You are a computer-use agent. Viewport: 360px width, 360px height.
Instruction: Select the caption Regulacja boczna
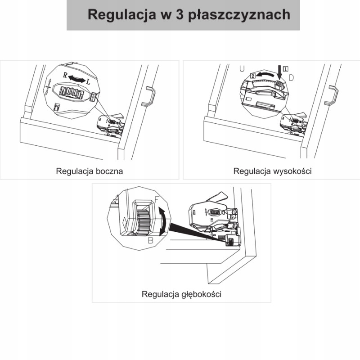coord(90,171)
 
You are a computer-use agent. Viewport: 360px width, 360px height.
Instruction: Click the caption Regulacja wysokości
coord(273,171)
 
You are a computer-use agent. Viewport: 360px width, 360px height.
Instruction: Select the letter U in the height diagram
coord(242,69)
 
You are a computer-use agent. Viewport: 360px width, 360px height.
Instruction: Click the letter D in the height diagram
coord(291,78)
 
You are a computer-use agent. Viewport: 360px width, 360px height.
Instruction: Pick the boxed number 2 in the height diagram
coord(253,76)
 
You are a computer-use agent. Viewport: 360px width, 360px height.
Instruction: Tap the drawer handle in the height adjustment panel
coord(333,95)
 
